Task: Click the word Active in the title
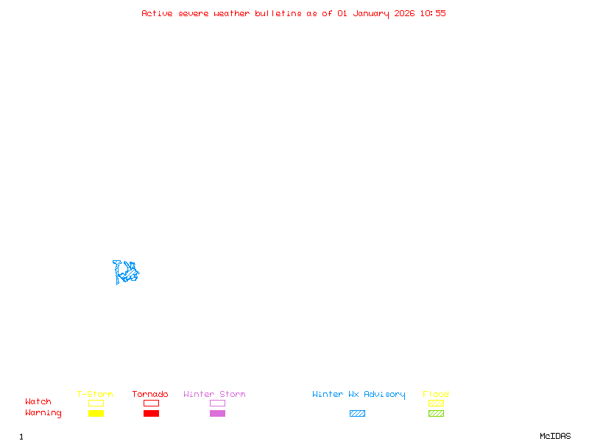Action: tap(157, 13)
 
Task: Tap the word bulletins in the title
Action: tap(278, 13)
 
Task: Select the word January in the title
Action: tap(370, 13)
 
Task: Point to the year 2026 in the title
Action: tap(405, 13)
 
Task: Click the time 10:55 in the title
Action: tap(433, 13)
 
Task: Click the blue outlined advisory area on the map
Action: tap(126, 272)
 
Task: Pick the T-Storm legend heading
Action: tap(95, 394)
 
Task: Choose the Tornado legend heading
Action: tap(150, 394)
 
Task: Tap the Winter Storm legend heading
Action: tap(214, 394)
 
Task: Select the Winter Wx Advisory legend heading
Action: tap(359, 394)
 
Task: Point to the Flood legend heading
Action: tap(436, 394)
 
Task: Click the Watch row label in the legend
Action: tap(38, 402)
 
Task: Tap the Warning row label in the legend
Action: tap(43, 413)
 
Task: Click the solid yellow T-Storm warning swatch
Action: tap(96, 414)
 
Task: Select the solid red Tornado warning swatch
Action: tap(151, 414)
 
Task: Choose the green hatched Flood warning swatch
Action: tap(436, 414)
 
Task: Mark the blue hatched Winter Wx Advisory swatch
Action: tap(357, 414)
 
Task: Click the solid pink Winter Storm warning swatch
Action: tap(217, 414)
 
